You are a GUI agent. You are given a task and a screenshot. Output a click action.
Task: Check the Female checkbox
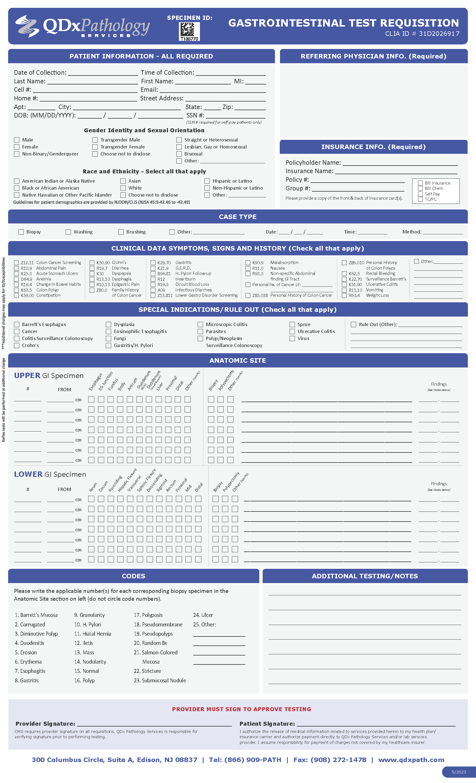[x=17, y=147]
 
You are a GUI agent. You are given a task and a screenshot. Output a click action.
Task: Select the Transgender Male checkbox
[x=95, y=140]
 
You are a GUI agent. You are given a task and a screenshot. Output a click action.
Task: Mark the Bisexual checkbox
[x=179, y=154]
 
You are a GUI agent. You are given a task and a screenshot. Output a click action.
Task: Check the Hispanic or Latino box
[x=207, y=181]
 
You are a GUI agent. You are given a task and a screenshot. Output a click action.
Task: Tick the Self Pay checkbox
[x=420, y=194]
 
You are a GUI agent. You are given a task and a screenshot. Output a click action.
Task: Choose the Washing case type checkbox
[x=68, y=232]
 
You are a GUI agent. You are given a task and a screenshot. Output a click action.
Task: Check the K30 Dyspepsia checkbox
[x=92, y=273]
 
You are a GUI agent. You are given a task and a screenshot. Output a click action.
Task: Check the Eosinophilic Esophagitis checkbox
[x=109, y=331]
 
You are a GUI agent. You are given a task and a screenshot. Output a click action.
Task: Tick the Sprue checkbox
[x=292, y=324]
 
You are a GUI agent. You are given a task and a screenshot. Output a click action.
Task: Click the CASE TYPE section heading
[x=238, y=217]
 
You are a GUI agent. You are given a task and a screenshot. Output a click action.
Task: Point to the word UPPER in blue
[x=27, y=376]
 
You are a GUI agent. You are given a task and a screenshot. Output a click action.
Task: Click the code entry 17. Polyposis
[x=148, y=615]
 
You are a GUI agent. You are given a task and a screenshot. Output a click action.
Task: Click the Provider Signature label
[x=45, y=724]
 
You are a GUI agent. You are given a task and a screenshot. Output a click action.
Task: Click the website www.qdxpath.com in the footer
[x=411, y=760]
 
